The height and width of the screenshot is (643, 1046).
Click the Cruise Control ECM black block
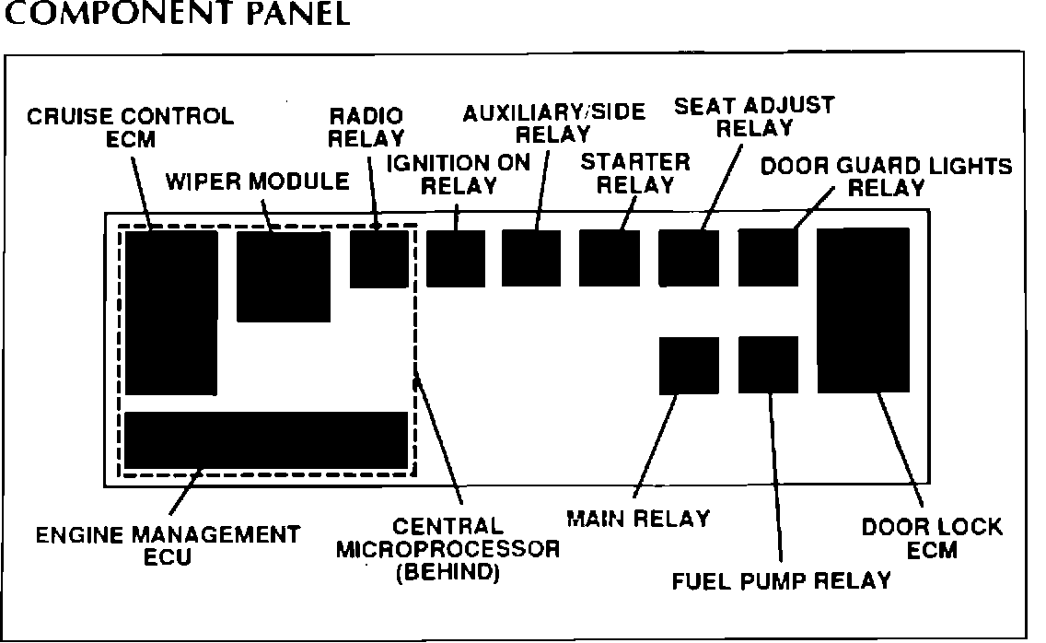(171, 313)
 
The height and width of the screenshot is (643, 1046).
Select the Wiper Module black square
(284, 276)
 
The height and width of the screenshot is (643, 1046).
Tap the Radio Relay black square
(378, 259)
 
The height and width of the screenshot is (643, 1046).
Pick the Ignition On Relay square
(456, 259)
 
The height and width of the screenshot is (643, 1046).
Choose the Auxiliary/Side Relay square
(531, 259)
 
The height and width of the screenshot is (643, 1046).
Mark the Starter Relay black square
(610, 259)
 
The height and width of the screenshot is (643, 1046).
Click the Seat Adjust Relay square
(689, 259)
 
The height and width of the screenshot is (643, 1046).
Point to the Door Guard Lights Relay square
(768, 259)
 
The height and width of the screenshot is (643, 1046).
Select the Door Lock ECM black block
(863, 310)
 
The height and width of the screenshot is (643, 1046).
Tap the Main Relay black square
(689, 366)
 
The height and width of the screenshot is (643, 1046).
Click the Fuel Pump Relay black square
(768, 365)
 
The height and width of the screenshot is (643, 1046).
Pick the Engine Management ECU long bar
(266, 439)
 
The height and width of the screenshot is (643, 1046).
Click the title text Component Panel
(177, 16)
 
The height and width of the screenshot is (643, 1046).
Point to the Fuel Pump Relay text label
(781, 580)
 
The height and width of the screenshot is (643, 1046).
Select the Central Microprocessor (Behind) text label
(447, 550)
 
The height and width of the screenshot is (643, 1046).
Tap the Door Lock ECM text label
(931, 539)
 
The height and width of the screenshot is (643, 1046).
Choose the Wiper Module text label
(258, 181)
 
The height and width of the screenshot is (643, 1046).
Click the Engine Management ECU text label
(168, 545)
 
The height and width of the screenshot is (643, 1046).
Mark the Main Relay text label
(638, 519)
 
